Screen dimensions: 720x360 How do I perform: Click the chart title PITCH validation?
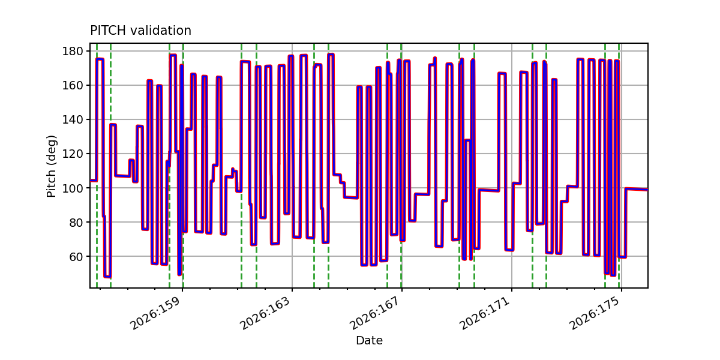click(141, 31)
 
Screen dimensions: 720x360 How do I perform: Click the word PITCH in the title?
click(108, 31)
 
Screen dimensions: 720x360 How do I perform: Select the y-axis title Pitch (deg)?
click(52, 166)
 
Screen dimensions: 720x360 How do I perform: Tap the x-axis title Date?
click(369, 340)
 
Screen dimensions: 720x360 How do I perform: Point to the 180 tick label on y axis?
click(73, 51)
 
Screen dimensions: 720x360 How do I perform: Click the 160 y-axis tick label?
click(73, 85)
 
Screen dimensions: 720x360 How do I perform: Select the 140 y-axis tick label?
click(73, 119)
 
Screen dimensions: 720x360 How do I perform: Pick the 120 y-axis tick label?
click(73, 154)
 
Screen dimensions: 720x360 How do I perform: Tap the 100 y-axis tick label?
click(73, 188)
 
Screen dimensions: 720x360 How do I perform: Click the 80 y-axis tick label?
click(76, 223)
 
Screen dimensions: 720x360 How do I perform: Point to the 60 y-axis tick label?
click(76, 257)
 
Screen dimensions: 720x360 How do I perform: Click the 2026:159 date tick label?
click(155, 313)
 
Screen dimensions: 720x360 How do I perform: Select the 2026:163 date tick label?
click(265, 313)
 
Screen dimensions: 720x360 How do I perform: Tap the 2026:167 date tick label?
click(375, 313)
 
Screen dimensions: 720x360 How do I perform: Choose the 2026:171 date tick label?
click(485, 313)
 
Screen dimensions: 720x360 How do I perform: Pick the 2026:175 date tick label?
click(595, 313)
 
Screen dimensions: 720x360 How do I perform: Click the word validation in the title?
click(161, 31)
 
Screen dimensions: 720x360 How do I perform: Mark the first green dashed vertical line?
click(97, 166)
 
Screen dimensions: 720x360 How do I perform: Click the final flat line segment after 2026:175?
click(637, 189)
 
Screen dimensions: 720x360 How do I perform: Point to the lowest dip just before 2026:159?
click(179, 274)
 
